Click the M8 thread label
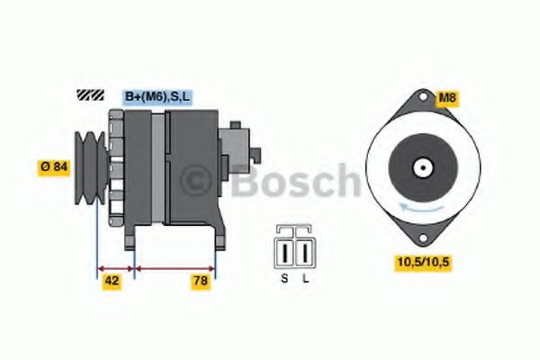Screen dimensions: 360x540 coord(446,96)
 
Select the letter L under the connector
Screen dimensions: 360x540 coord(306,278)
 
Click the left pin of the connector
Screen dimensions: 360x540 coord(287,249)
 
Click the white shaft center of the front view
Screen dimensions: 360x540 coord(420,168)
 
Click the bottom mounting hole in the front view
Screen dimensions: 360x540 coord(420,238)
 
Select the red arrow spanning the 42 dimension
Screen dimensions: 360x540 coord(114,267)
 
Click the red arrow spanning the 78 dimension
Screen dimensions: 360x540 coord(175,267)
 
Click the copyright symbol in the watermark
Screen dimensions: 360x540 coord(201,181)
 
